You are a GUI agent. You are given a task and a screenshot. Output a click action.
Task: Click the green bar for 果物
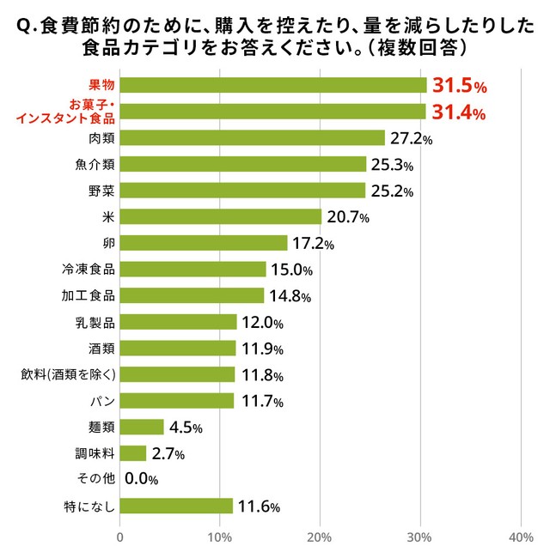[273, 85]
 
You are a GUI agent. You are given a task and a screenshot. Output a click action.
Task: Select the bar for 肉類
[252, 138]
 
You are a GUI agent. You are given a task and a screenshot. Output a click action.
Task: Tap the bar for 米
[220, 216]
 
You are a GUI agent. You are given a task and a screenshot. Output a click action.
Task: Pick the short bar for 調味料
[133, 453]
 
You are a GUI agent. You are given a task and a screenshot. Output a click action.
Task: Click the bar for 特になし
[176, 506]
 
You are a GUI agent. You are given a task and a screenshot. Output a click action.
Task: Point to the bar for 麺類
[142, 427]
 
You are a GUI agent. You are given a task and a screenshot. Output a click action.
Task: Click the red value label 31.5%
[460, 86]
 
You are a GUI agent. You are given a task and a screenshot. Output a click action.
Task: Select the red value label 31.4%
[459, 112]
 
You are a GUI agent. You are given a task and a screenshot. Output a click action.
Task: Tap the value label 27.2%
[410, 139]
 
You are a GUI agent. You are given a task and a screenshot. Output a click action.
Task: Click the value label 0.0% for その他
[142, 480]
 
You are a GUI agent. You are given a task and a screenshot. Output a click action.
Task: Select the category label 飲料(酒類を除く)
[68, 374]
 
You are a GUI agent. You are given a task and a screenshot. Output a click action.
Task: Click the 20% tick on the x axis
[320, 538]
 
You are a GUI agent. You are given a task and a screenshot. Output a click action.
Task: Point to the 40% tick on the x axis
[521, 538]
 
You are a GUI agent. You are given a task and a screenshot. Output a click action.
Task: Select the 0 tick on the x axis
[119, 538]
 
